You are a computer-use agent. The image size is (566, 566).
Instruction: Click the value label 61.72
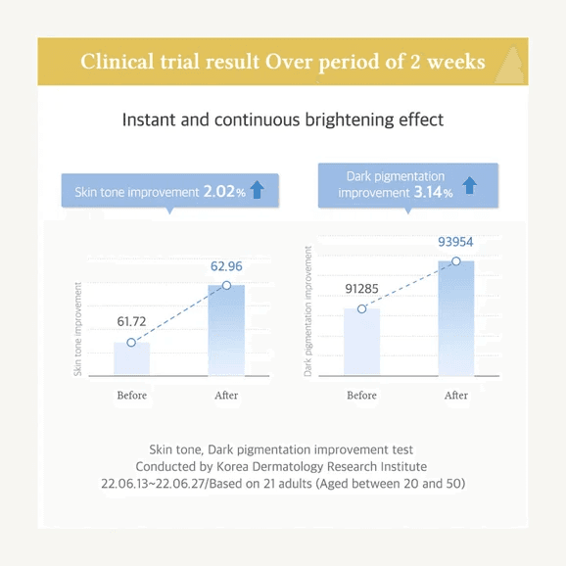click(x=131, y=321)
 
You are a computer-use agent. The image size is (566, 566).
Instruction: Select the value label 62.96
click(x=226, y=266)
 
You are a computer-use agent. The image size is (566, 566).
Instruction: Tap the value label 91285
click(x=361, y=289)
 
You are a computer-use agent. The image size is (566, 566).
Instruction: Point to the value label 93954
click(x=455, y=242)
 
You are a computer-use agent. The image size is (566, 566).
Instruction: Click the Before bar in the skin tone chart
click(x=131, y=358)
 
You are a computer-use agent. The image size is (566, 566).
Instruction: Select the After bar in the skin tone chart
click(x=226, y=330)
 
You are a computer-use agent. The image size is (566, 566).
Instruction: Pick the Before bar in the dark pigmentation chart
click(x=361, y=342)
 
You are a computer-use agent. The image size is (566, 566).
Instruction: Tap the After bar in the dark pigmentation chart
click(x=456, y=318)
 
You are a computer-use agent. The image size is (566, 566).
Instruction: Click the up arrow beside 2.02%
click(x=257, y=190)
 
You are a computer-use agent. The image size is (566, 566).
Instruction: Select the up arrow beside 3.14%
click(x=470, y=185)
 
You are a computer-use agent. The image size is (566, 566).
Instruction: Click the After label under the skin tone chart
click(x=226, y=396)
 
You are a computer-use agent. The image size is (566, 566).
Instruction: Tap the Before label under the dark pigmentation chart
click(x=361, y=396)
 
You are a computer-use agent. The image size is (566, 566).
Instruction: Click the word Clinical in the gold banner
click(x=118, y=62)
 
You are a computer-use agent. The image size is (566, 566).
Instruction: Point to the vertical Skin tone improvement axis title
click(x=77, y=329)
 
